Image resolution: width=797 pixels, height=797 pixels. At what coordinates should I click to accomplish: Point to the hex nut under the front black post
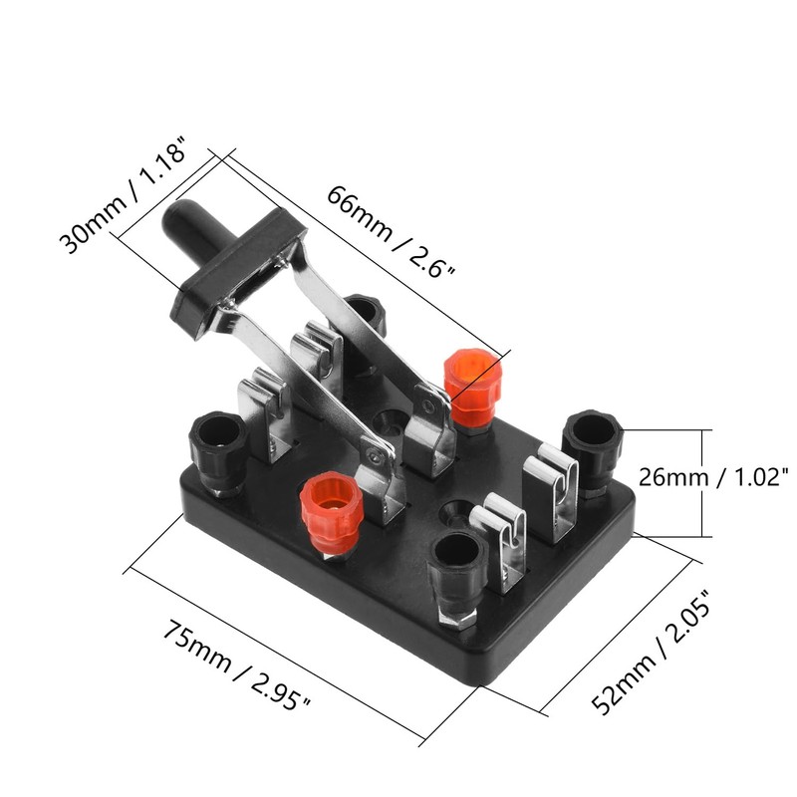(x=456, y=611)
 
